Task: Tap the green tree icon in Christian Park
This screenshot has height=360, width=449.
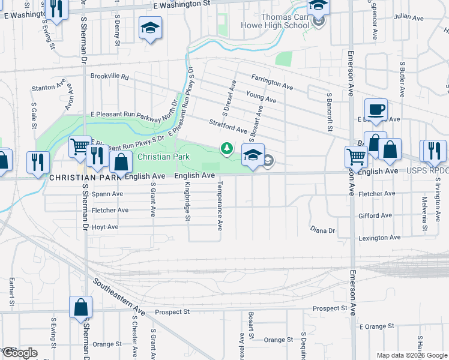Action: (226, 148)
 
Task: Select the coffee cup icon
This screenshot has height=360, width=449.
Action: (376, 110)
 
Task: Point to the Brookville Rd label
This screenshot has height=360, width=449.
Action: (110, 77)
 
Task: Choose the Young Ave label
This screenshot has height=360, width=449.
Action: (261, 97)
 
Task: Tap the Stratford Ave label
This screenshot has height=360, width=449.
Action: (228, 126)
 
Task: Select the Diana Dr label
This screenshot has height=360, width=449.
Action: (322, 230)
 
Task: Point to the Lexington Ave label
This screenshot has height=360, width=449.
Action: (379, 238)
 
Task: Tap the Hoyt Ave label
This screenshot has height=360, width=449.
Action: (105, 227)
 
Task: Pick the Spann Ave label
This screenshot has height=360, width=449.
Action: (107, 194)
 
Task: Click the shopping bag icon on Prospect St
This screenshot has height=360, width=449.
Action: (80, 308)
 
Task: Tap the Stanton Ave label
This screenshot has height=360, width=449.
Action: (49, 87)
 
